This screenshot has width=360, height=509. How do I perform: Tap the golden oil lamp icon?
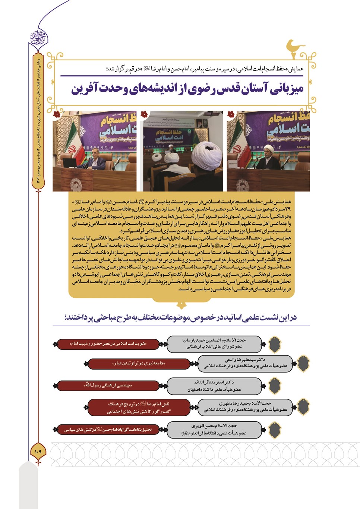click(x=294, y=48)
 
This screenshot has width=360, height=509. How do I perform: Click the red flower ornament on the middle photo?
click(x=144, y=114)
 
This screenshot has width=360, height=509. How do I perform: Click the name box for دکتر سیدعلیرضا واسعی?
click(x=245, y=363)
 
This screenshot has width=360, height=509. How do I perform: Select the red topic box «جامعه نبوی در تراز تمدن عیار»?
click(x=139, y=363)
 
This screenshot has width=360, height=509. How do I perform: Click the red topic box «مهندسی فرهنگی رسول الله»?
click(x=108, y=386)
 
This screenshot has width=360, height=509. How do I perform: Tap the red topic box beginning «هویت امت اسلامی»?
click(x=108, y=344)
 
